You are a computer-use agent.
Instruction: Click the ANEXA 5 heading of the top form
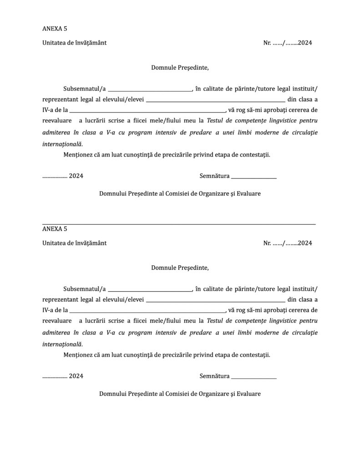[55, 29]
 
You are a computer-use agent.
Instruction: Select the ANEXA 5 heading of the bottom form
[55, 229]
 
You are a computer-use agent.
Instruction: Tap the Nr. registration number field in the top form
[287, 43]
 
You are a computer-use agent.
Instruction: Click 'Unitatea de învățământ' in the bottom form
[74, 243]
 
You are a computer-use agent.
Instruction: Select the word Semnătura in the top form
[214, 176]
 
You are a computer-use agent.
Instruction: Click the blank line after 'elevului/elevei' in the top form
[216, 100]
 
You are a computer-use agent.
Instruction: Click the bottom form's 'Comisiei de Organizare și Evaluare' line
[180, 394]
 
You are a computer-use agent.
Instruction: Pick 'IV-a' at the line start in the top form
[48, 110]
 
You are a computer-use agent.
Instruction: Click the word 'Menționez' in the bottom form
[79, 355]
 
